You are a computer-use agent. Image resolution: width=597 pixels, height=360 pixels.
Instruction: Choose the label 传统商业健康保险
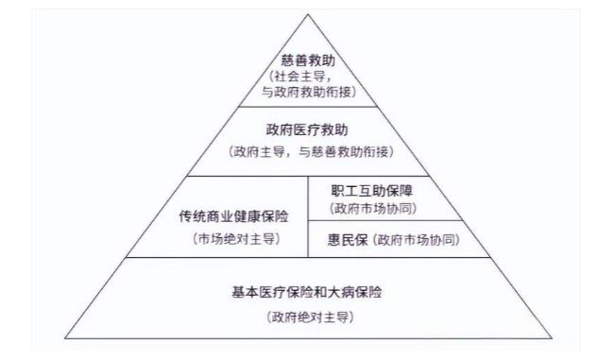[x=235, y=216]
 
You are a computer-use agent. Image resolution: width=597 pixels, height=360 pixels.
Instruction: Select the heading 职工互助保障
[x=371, y=190]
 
